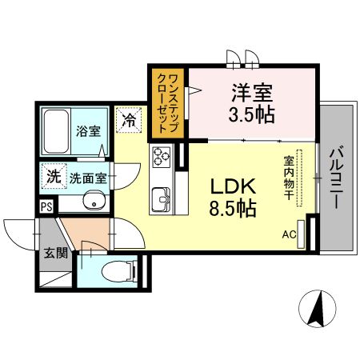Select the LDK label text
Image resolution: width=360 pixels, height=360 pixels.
coord(233,186)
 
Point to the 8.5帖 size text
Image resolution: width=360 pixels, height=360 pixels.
coord(233,210)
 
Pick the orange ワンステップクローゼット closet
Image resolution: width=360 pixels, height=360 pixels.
coord(168,102)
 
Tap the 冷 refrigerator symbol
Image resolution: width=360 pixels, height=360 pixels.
coord(129,120)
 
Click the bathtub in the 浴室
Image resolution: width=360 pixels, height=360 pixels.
coord(56,130)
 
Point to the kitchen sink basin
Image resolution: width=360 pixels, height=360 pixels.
coord(161,195)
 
